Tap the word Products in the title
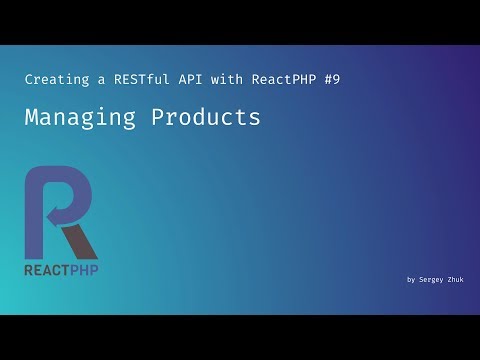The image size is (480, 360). (206, 117)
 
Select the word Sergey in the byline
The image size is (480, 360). (433, 280)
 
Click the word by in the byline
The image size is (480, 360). (411, 280)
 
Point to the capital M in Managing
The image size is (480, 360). (32, 117)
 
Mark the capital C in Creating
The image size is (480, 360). (27, 78)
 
